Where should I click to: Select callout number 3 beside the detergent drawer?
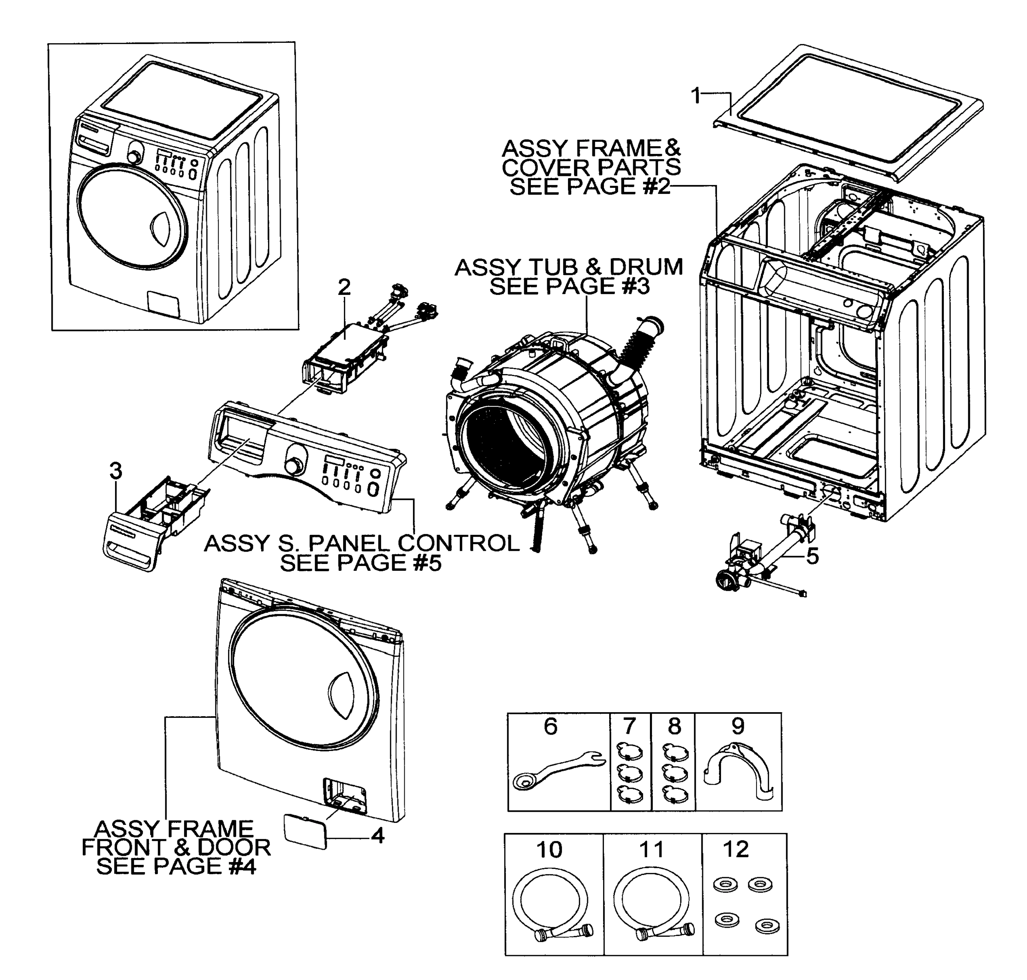pos(116,471)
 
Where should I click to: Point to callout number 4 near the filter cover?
pos(377,836)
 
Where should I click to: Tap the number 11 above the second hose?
pos(651,850)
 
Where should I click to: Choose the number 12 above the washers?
pos(735,850)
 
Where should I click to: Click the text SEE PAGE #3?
pos(569,287)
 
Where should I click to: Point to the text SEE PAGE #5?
pos(361,563)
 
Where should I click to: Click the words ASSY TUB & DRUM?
pos(568,267)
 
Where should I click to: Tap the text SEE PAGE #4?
pos(177,866)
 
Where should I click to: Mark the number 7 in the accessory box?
pos(630,726)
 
